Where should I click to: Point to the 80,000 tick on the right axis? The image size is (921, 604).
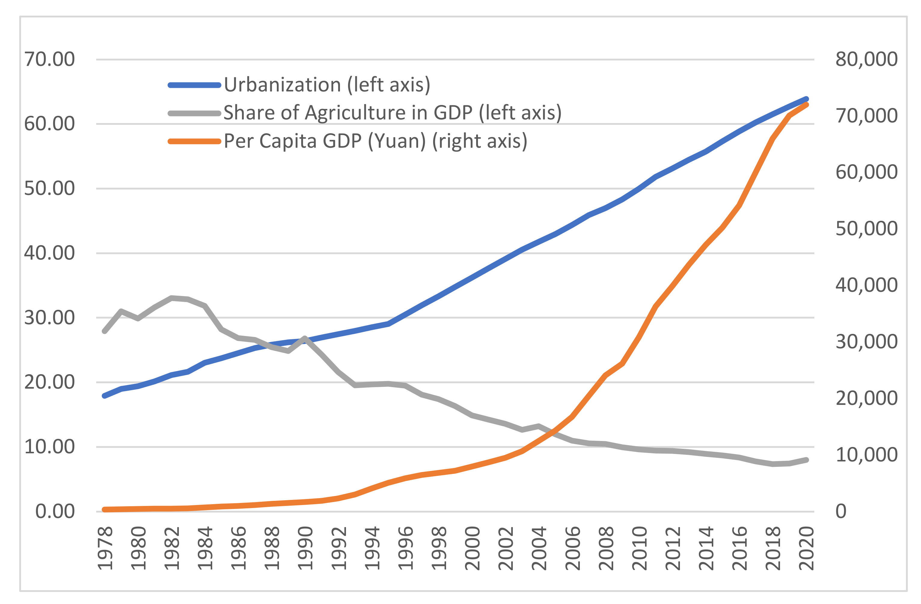click(866, 59)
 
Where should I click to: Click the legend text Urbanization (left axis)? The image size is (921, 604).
click(327, 85)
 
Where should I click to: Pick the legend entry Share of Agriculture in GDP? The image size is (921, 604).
click(392, 113)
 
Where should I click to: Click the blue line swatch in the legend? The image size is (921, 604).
click(194, 85)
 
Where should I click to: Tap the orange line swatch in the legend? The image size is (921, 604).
click(194, 141)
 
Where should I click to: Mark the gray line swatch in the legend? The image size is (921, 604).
click(194, 113)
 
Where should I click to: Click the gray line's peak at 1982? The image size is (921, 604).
click(171, 298)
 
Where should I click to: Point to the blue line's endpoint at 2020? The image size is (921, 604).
click(806, 99)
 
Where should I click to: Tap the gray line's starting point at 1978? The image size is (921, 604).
click(105, 331)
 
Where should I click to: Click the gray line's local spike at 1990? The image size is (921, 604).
click(305, 338)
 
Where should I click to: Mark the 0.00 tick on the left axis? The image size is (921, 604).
click(55, 511)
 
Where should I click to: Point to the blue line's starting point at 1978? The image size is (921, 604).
click(105, 396)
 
